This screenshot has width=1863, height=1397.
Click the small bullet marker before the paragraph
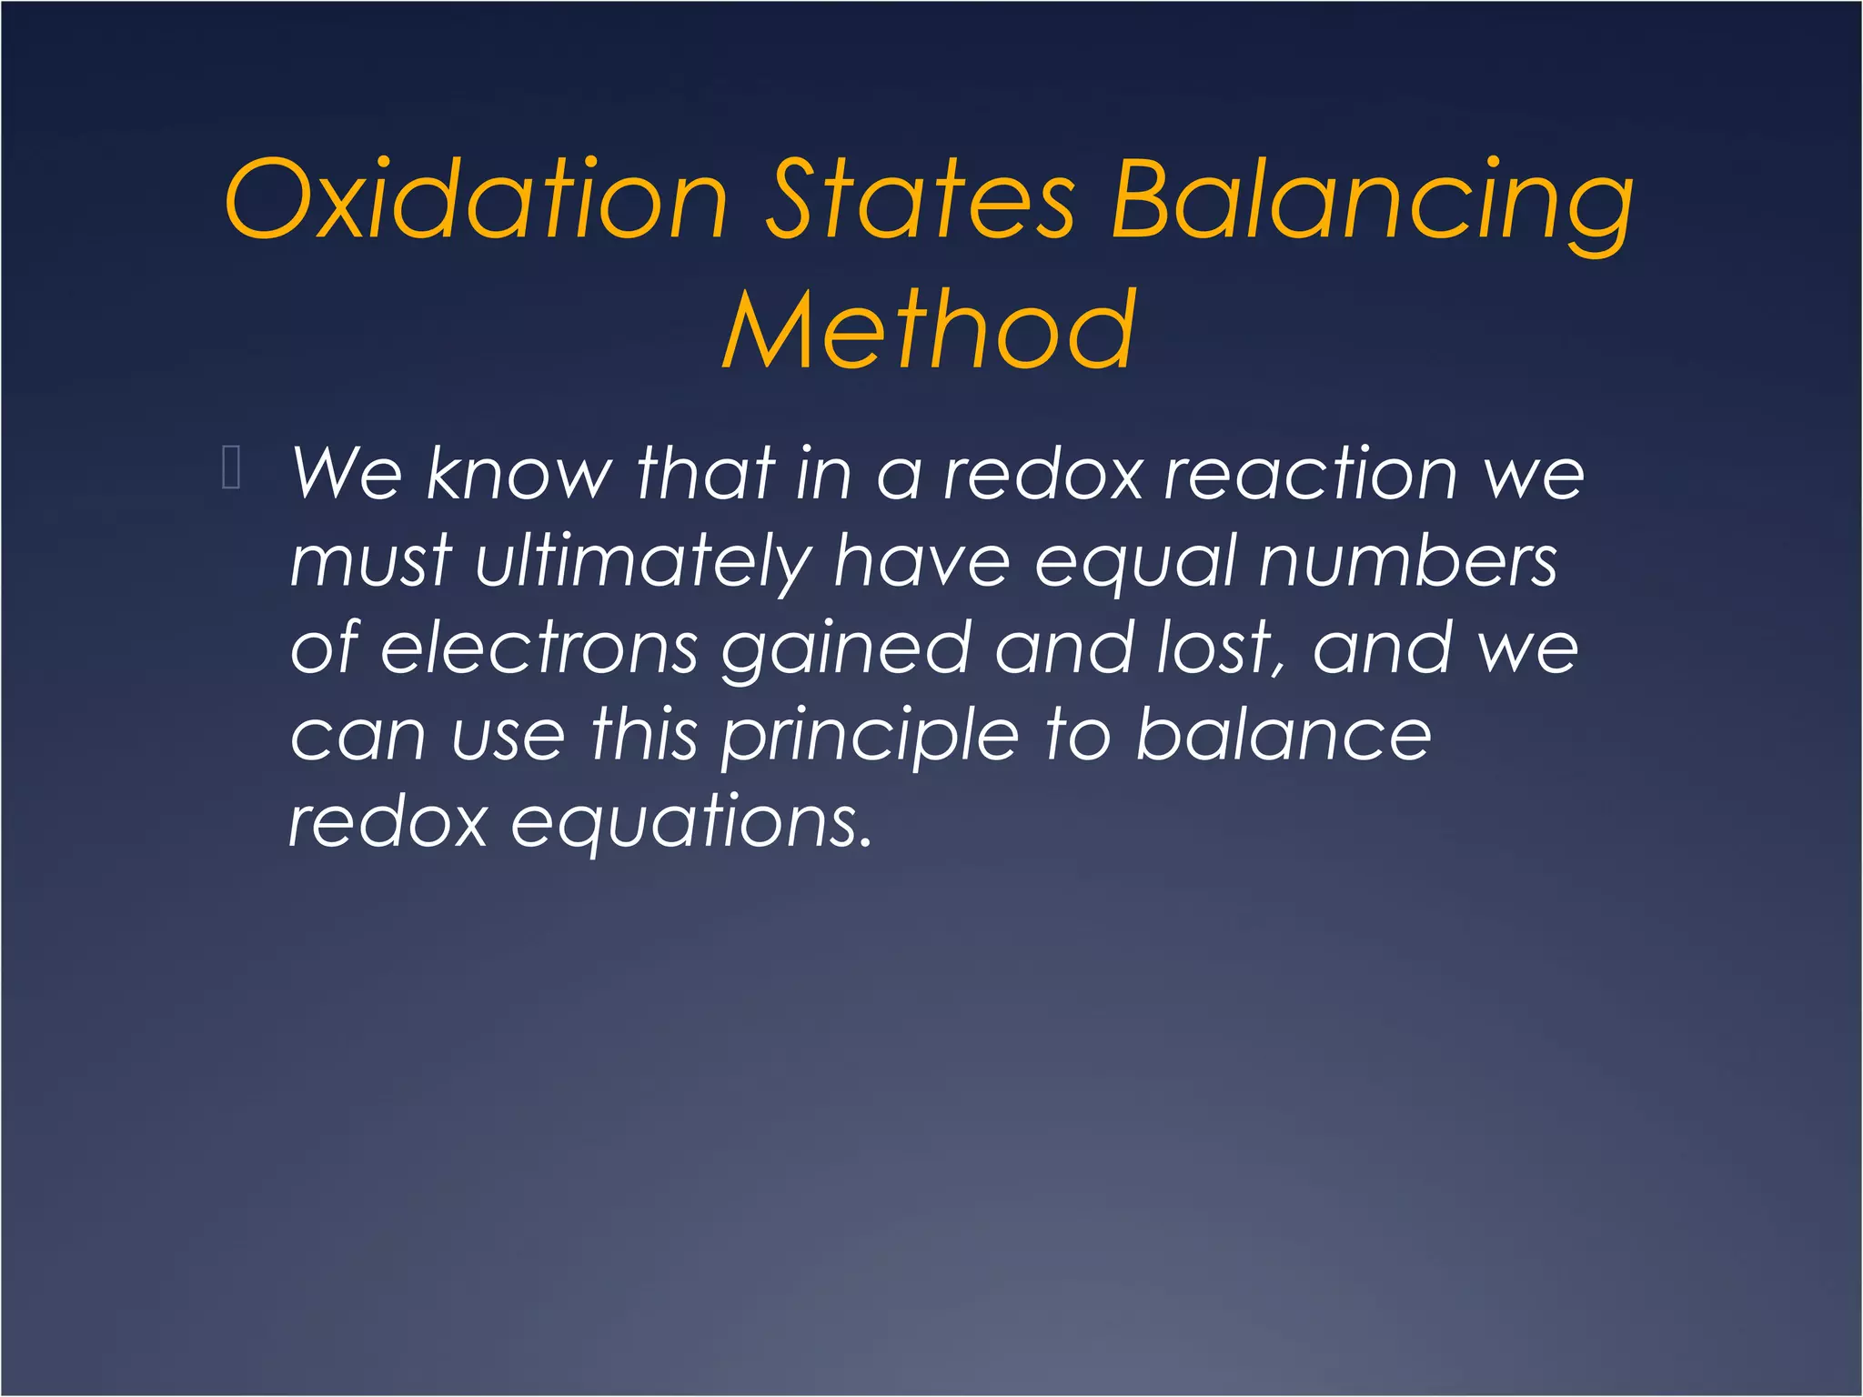coord(231,468)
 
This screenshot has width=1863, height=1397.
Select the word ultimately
coord(641,561)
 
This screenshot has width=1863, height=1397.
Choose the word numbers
coord(1408,560)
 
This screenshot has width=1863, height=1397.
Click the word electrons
coord(539,648)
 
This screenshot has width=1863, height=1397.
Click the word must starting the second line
coord(370,561)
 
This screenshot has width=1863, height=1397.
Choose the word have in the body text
coord(921,560)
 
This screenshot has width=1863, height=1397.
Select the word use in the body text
coord(508,735)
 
